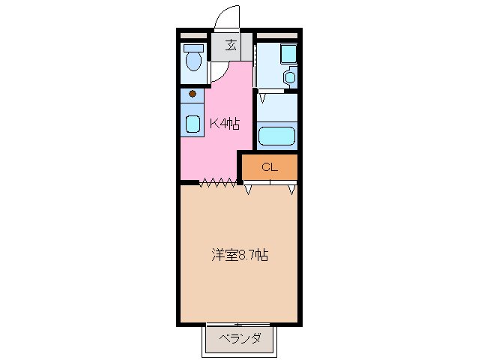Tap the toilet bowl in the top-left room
click(194, 61)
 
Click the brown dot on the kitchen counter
click(193, 94)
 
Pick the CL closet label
click(270, 167)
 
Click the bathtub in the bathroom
click(277, 137)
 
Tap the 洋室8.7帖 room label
click(238, 255)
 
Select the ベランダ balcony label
click(240, 339)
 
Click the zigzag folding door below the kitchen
click(219, 182)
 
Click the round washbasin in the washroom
click(291, 76)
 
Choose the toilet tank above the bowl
click(194, 47)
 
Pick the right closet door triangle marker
click(291, 188)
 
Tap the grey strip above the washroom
click(276, 35)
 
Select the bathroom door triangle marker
click(264, 97)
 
